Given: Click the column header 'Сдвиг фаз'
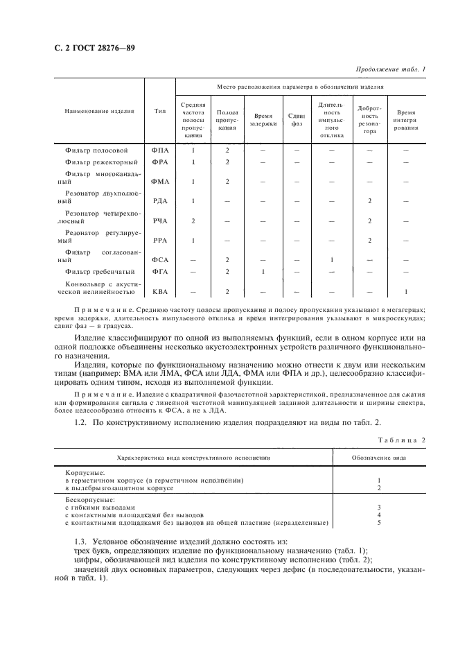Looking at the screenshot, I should tap(297, 120).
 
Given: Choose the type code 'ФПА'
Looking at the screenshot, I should tap(159, 150).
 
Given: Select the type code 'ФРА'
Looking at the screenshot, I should tap(159, 162).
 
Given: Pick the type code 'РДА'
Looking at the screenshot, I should tap(159, 201).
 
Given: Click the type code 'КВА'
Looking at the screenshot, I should tap(159, 292).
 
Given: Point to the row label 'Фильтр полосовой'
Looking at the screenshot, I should tap(96, 150).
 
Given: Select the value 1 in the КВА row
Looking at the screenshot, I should tap(406, 292).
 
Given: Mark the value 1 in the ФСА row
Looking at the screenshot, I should tap(332, 259).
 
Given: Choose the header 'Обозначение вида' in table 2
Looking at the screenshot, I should tap(378, 458).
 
